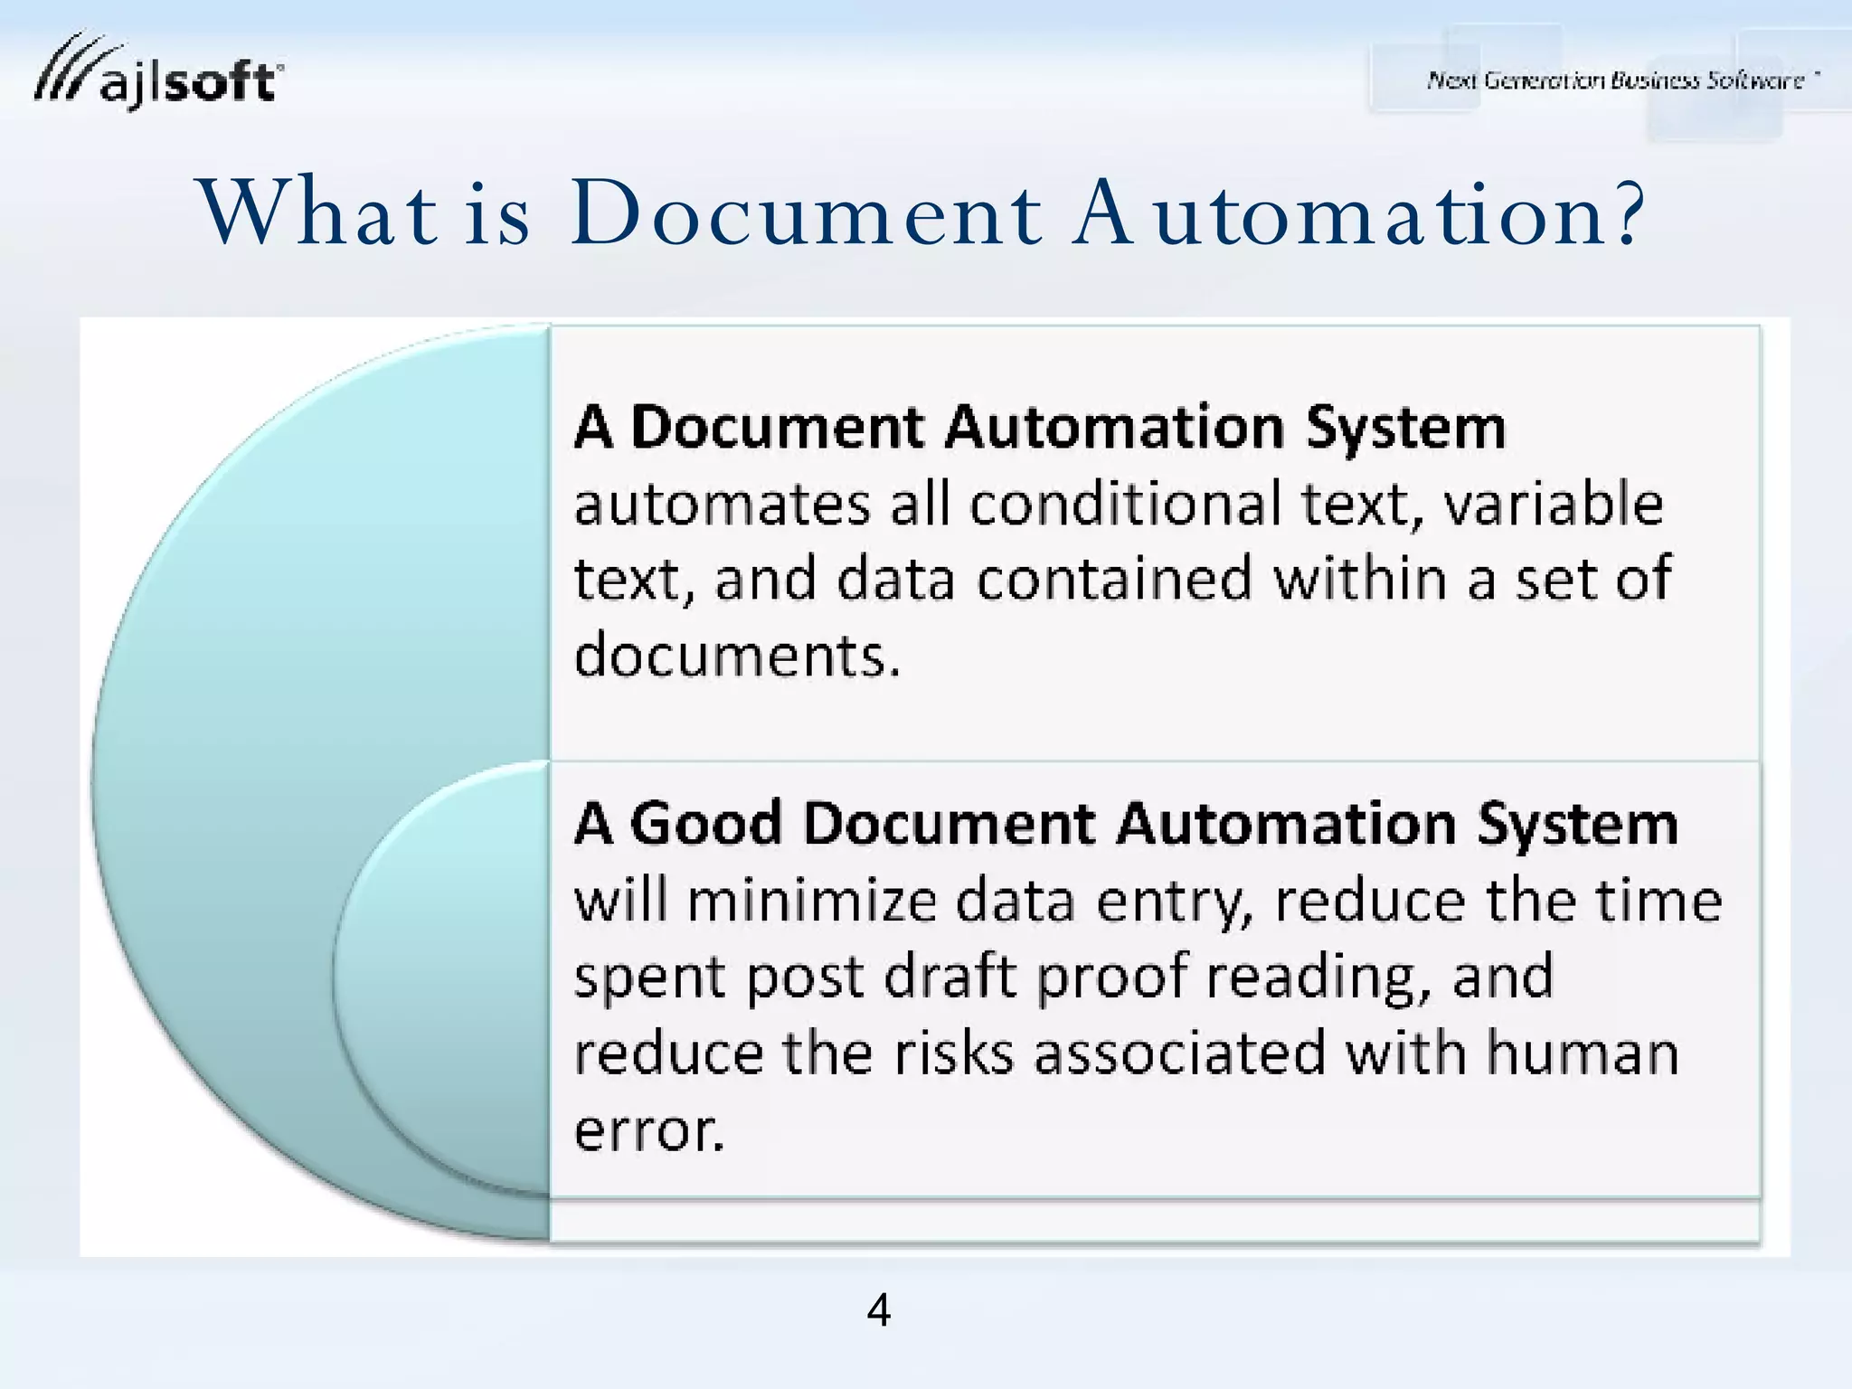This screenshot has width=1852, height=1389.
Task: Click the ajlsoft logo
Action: coord(158,74)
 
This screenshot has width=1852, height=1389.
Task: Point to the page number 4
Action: coord(878,1309)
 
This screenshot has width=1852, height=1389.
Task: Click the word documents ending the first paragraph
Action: coord(737,655)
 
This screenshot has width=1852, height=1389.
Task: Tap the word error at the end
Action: coord(648,1129)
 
